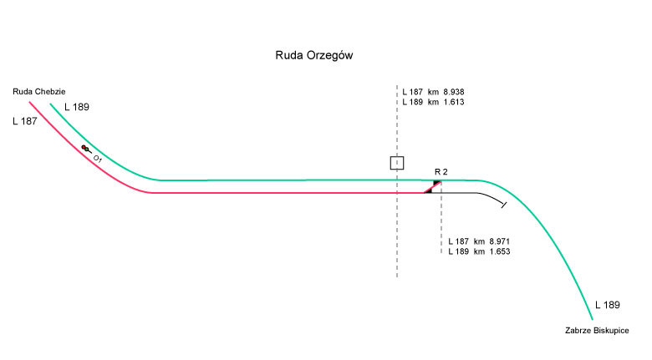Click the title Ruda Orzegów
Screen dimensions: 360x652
317,56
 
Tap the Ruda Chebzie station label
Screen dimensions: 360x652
39,91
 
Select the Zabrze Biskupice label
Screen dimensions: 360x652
598,332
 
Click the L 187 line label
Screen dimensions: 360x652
26,122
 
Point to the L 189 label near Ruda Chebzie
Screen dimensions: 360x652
76,108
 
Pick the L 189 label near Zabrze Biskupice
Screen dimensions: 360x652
608,305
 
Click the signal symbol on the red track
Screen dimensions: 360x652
86,149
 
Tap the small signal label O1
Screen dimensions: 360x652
98,158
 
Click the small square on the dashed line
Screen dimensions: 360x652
397,163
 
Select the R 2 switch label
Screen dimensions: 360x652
441,171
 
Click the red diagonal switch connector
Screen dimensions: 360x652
433,187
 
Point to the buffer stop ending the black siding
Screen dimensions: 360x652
502,203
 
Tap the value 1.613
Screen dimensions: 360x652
451,102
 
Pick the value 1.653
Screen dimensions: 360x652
497,251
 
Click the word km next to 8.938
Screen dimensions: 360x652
433,91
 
